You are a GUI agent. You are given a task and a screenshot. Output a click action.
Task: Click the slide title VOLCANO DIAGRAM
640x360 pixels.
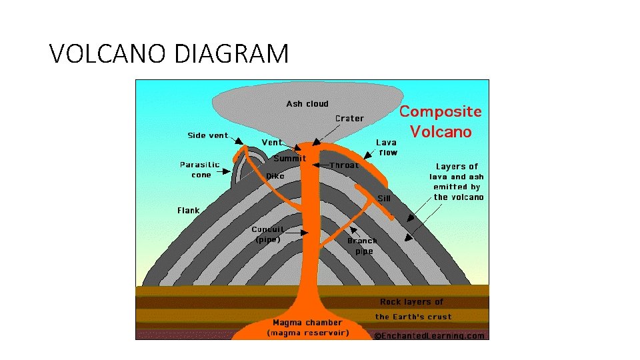(169, 53)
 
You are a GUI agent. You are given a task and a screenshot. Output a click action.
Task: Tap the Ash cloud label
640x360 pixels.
(307, 104)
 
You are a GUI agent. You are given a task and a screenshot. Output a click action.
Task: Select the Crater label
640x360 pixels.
(349, 119)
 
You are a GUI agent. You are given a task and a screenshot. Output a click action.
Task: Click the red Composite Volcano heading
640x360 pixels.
(440, 122)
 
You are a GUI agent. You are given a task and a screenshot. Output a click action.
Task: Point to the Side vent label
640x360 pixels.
(208, 135)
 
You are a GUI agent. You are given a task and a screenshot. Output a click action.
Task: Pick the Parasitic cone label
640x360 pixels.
(200, 169)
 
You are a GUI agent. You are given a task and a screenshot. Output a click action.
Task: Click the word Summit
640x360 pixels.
(289, 159)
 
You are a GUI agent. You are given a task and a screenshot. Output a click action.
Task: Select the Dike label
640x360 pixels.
(275, 176)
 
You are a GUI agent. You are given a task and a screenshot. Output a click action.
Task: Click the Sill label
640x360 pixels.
(384, 198)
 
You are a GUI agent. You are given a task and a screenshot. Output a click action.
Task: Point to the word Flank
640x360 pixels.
(189, 211)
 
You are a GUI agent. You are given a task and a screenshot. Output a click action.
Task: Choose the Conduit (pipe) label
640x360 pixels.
(269, 235)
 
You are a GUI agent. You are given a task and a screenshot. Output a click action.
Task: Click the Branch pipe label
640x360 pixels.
(363, 246)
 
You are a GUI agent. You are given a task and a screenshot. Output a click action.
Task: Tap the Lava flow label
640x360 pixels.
(387, 147)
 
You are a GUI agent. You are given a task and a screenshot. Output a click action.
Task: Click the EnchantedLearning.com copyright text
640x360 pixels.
(429, 335)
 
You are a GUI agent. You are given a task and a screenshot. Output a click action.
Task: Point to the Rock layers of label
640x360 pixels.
(411, 302)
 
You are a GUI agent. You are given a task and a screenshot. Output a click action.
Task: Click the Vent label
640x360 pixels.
(272, 142)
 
